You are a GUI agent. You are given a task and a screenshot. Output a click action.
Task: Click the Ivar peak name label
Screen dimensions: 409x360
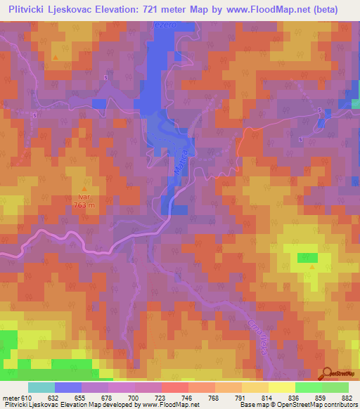click(85, 198)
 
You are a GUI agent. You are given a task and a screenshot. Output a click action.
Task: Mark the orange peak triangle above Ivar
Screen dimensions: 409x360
click(85, 190)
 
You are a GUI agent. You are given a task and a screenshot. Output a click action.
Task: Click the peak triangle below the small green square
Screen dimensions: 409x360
click(311, 267)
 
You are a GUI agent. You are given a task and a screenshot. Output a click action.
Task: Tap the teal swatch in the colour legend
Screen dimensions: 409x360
click(41, 388)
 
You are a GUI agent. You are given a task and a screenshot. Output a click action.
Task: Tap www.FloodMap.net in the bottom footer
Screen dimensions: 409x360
click(169, 404)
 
